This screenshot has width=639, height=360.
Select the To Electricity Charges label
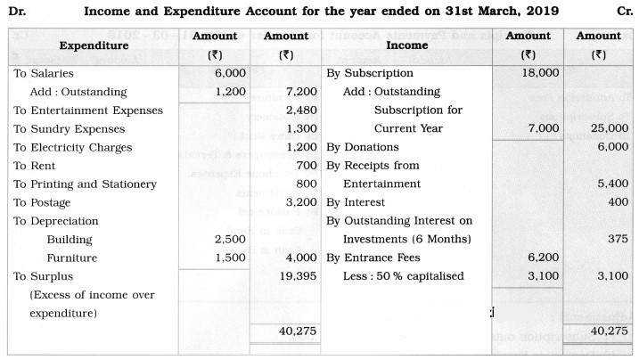72,147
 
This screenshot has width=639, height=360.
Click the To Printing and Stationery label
85,184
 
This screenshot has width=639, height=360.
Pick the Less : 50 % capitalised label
404,277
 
